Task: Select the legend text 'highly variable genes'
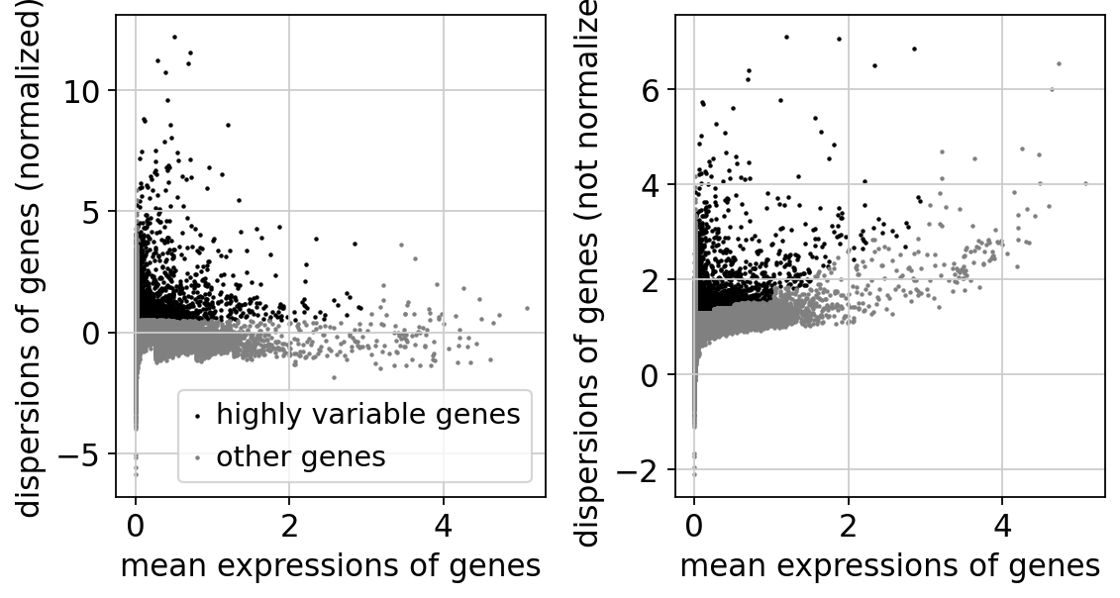(x=368, y=415)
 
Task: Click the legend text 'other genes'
(x=301, y=456)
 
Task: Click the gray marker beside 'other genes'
(x=198, y=458)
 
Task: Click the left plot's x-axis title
(x=330, y=565)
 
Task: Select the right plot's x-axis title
(x=889, y=565)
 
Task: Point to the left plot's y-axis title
(x=32, y=255)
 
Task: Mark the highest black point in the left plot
(x=174, y=37)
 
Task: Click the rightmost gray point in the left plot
(x=527, y=308)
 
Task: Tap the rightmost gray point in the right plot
(x=1085, y=183)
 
